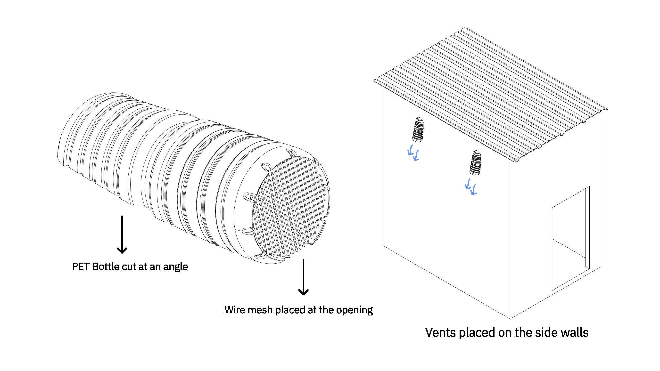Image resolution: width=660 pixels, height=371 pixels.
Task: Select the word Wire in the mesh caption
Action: pos(233,310)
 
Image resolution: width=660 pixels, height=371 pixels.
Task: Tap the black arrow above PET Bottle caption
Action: pos(122,234)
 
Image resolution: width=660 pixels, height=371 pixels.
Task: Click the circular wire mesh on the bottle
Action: pos(289,207)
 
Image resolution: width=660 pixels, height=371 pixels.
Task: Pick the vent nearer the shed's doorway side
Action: pos(475,163)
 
